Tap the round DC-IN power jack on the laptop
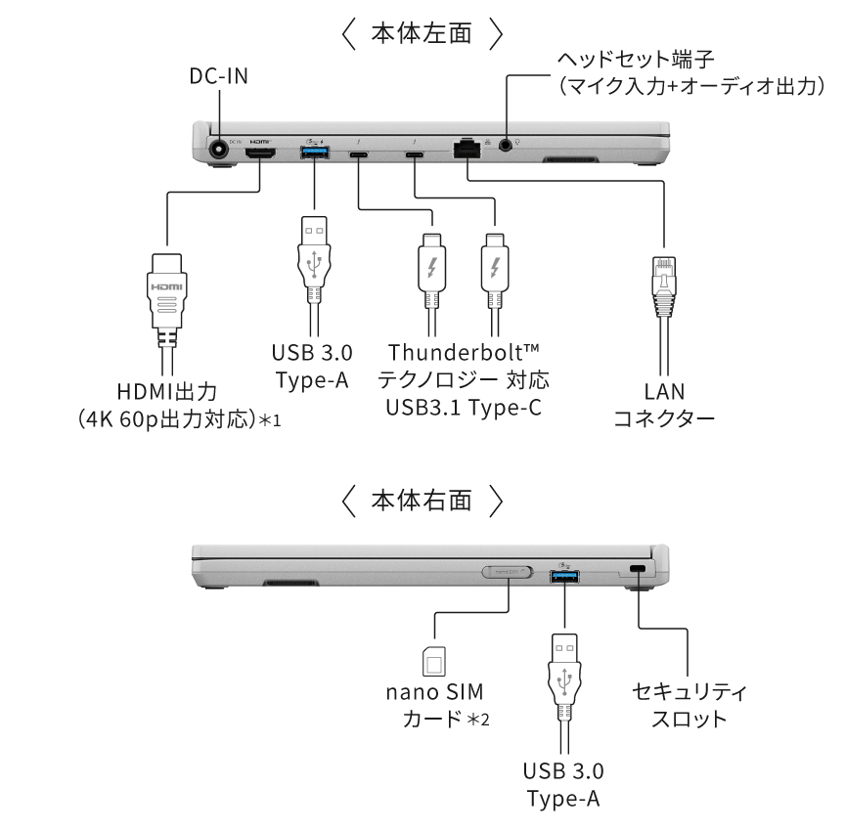pos(220,151)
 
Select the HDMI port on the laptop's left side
pos(260,154)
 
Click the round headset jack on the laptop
pos(506,144)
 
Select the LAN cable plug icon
pos(663,284)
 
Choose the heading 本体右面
pos(422,502)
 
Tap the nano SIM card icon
pos(432,662)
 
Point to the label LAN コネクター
pos(663,405)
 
